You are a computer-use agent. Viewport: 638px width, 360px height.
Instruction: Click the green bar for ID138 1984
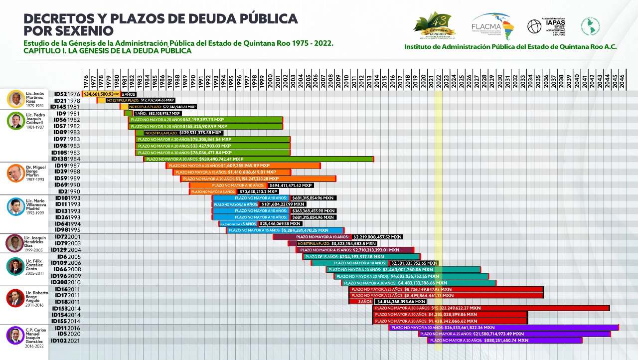[259, 159]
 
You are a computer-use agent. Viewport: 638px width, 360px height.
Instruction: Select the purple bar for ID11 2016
[503, 328]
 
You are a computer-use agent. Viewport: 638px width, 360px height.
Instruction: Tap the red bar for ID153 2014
[491, 308]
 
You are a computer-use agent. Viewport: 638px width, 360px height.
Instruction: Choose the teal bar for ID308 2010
[419, 283]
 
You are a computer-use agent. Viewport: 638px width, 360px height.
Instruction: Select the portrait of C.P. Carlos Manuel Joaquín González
[15, 335]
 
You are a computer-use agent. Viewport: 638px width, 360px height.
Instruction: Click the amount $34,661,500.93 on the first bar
[100, 94]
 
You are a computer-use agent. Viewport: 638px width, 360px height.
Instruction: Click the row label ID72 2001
[68, 237]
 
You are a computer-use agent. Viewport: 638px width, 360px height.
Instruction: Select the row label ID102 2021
[66, 341]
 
